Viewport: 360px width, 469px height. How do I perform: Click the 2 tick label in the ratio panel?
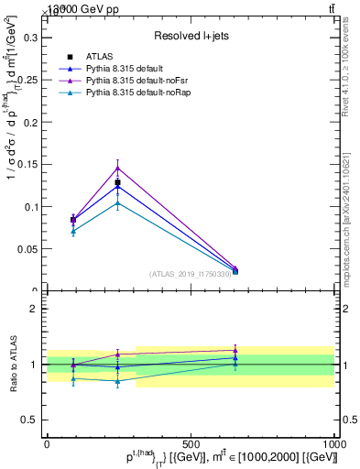tap(34, 309)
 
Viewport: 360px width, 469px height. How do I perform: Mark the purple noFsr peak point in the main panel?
tap(117, 167)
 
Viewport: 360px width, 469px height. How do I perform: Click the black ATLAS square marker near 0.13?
tap(117, 183)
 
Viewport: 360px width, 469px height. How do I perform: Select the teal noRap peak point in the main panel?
tap(117, 202)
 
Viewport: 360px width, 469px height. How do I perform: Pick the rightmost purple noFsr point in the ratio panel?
tap(235, 350)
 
